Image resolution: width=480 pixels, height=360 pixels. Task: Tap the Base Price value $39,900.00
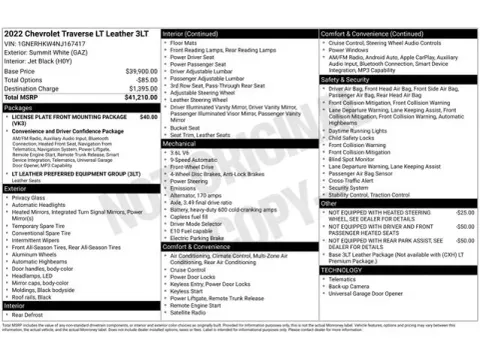coord(140,72)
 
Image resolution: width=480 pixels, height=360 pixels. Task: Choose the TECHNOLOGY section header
coord(343,270)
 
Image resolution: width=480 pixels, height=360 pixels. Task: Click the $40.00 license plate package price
coord(148,117)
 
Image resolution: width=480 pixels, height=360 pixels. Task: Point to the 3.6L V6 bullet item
coord(182,153)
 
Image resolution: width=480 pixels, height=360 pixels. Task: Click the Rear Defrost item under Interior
coord(29,315)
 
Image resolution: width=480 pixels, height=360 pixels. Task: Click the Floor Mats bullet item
coord(184,43)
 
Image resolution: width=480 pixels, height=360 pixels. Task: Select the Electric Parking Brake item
coord(198,237)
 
